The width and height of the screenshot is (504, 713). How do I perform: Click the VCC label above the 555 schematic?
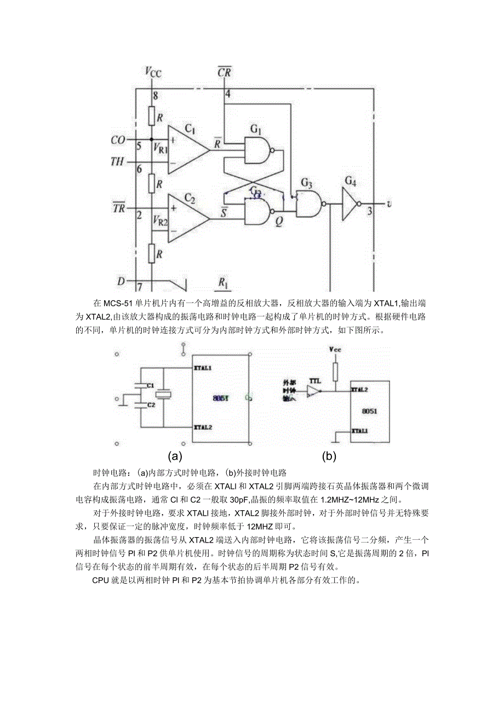click(153, 71)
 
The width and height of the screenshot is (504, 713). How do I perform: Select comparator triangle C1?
click(186, 149)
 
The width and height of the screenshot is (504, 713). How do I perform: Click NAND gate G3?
click(308, 203)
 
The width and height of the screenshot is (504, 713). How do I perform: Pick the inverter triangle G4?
click(349, 203)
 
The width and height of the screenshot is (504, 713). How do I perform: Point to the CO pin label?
click(118, 140)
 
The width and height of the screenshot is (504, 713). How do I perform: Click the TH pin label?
click(117, 162)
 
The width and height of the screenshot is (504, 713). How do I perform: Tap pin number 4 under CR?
click(227, 94)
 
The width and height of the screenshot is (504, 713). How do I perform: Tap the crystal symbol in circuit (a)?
click(163, 395)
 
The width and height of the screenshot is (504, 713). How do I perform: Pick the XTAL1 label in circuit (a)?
click(203, 368)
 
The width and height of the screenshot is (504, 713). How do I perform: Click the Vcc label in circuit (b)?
click(335, 349)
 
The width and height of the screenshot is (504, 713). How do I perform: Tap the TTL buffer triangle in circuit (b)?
click(313, 391)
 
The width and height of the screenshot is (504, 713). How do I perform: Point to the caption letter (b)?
click(329, 455)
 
